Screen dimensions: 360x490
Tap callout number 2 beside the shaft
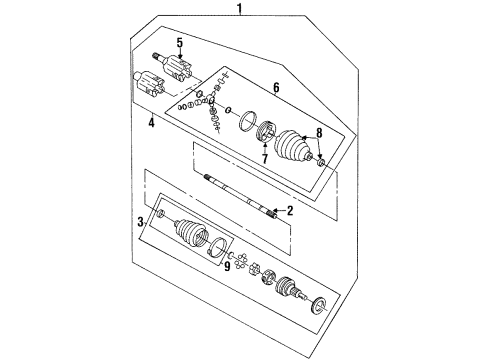click(x=290, y=211)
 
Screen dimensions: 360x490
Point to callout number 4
click(x=151, y=124)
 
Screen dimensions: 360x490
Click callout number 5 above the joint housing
click(x=180, y=43)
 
